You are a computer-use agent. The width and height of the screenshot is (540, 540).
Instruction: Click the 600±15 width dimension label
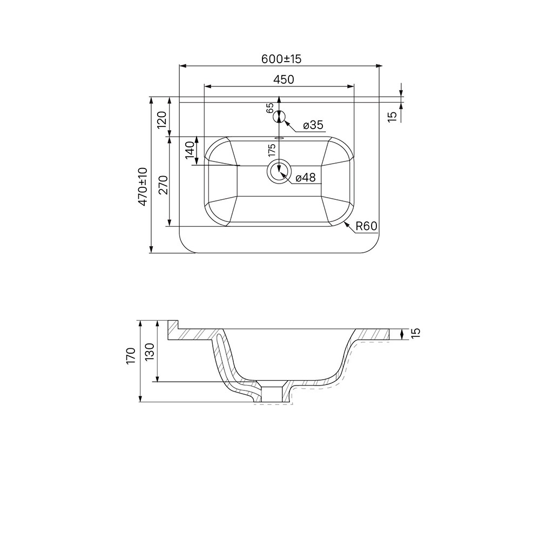(x=281, y=59)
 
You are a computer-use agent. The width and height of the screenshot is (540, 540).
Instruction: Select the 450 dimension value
(x=283, y=79)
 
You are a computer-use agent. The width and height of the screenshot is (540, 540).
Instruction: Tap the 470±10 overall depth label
(x=143, y=187)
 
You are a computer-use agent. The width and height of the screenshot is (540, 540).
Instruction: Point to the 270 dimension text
(x=163, y=185)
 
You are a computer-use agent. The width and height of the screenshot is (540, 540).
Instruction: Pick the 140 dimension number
(x=190, y=150)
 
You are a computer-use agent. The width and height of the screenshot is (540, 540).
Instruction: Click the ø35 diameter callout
(x=313, y=125)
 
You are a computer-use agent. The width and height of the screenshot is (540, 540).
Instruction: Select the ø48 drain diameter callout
(x=306, y=178)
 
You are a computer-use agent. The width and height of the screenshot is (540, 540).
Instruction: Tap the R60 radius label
(x=367, y=226)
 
